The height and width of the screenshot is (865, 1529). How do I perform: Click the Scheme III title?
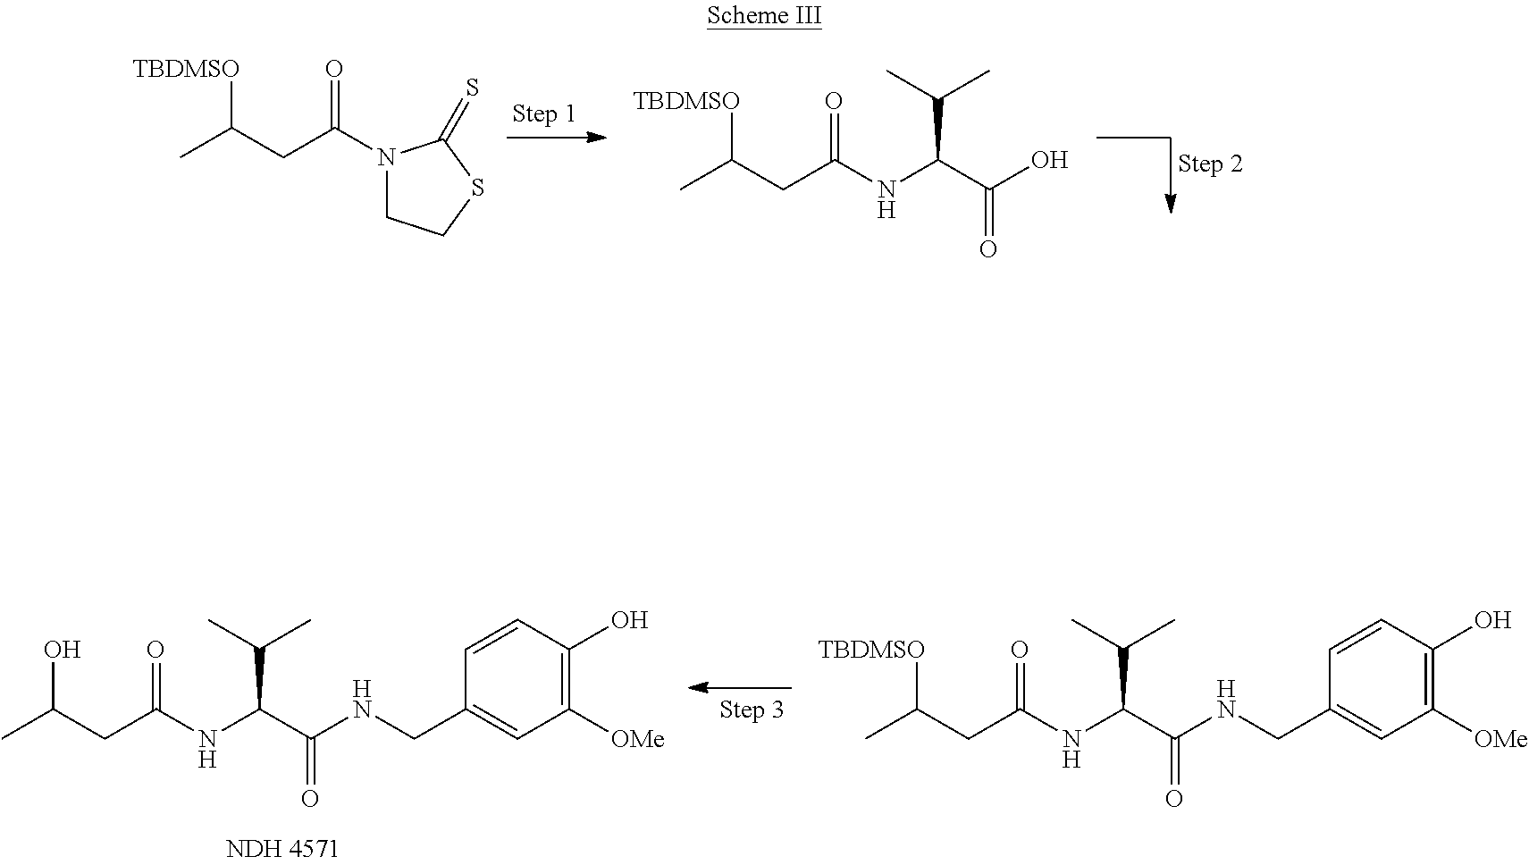[x=763, y=17]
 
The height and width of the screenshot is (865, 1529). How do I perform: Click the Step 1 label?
[x=543, y=114]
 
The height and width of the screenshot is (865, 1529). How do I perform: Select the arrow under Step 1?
[x=556, y=138]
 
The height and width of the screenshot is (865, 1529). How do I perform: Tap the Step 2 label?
[x=1210, y=164]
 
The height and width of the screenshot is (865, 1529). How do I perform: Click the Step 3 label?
[x=752, y=710]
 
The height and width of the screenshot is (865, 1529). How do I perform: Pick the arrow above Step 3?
[x=738, y=688]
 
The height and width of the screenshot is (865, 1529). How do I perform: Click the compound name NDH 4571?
[x=282, y=848]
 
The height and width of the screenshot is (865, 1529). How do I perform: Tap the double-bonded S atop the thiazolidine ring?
[x=472, y=88]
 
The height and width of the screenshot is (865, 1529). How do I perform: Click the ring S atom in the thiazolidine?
[x=478, y=189]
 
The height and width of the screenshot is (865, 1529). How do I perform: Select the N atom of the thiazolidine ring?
[x=385, y=160]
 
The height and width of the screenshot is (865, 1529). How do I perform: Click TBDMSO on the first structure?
[x=187, y=70]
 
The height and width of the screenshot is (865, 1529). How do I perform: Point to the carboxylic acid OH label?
[x=1049, y=161]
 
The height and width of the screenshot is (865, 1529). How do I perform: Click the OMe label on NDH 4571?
[x=638, y=739]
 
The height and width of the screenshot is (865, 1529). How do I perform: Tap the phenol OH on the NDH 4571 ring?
[x=628, y=620]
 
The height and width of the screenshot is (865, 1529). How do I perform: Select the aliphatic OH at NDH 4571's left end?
[x=62, y=650]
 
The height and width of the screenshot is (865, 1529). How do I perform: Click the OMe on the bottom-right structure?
[x=1500, y=739]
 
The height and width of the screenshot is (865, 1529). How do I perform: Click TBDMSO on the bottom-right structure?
[x=872, y=651]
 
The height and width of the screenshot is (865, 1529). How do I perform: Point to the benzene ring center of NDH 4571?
[x=516, y=679]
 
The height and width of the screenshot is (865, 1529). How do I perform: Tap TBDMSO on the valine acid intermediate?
[x=686, y=101]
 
